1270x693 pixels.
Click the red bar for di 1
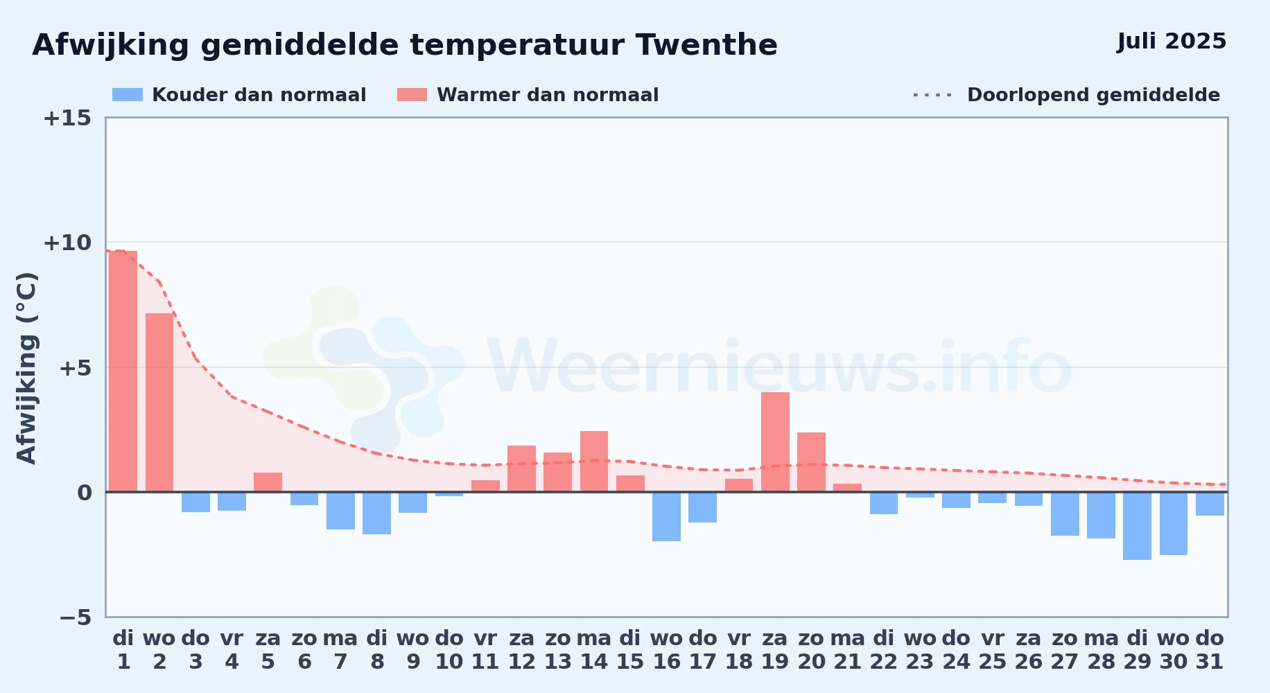click(x=123, y=371)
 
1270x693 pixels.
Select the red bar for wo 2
click(x=159, y=403)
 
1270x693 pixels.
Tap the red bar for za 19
click(x=775, y=442)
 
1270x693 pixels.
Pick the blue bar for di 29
click(x=1137, y=526)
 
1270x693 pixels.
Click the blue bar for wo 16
click(x=666, y=516)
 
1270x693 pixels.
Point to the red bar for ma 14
click(x=594, y=462)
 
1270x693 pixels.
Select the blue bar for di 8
click(x=376, y=513)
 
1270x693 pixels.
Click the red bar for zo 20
click(x=811, y=462)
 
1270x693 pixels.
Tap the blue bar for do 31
click(x=1210, y=504)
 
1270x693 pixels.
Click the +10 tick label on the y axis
click(x=67, y=243)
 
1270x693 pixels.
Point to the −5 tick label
click(x=76, y=617)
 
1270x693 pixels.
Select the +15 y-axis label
click(x=67, y=118)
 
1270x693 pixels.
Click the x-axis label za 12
click(x=521, y=650)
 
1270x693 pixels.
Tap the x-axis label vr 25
click(x=992, y=650)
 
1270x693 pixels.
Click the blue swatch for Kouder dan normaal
click(x=128, y=95)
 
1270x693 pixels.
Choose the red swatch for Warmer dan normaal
click(x=412, y=95)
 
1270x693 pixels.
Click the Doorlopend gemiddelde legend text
click(x=1093, y=95)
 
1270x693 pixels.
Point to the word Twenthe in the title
click(x=706, y=45)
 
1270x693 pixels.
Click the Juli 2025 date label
click(x=1172, y=42)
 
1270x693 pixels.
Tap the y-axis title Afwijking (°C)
click(x=26, y=368)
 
